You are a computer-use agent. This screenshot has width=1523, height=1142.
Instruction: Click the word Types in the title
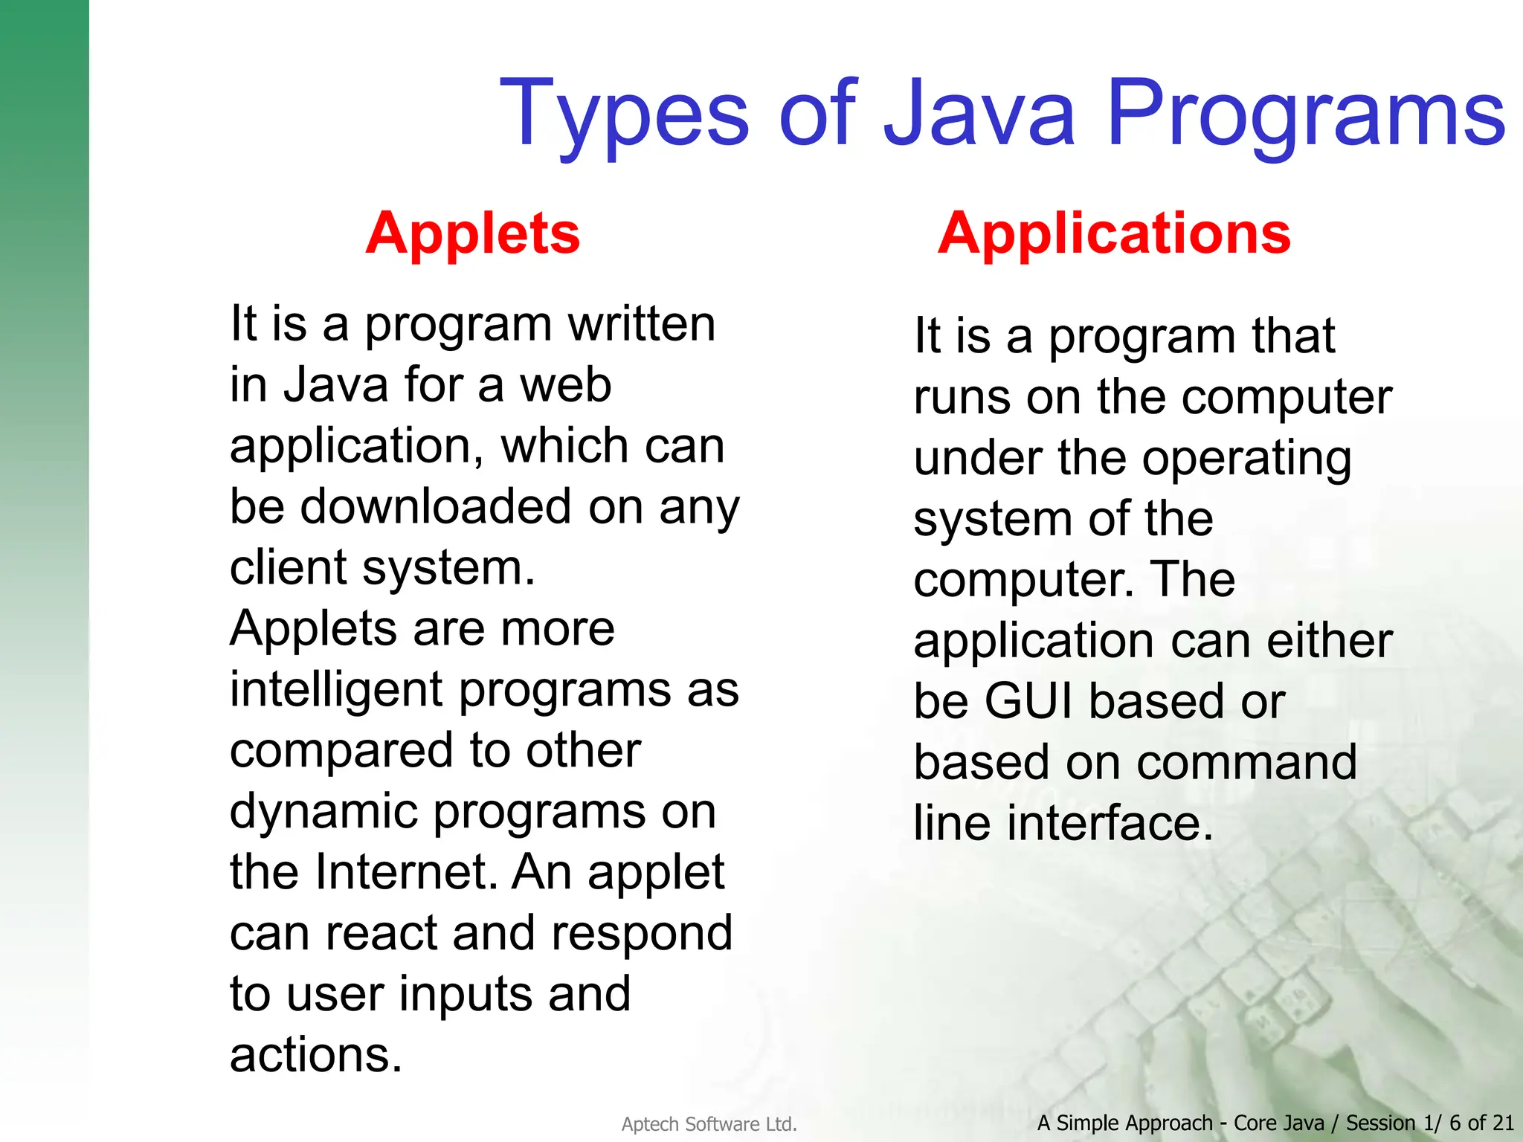coord(625,115)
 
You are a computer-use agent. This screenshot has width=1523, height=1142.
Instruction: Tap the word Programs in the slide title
coord(1306,115)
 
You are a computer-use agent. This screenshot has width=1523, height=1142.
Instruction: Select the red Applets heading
coord(473,233)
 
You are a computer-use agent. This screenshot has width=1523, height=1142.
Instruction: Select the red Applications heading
coord(1114,233)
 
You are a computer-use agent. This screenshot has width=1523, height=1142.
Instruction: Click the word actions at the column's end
coord(315,1055)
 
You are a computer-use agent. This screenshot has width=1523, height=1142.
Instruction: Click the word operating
coord(1246,459)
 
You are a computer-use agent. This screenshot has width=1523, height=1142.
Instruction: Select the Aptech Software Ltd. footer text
coord(709,1124)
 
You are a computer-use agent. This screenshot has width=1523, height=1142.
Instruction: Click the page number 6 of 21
coord(1481,1123)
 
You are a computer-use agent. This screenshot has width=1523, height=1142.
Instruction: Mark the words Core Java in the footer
coord(1278,1123)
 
